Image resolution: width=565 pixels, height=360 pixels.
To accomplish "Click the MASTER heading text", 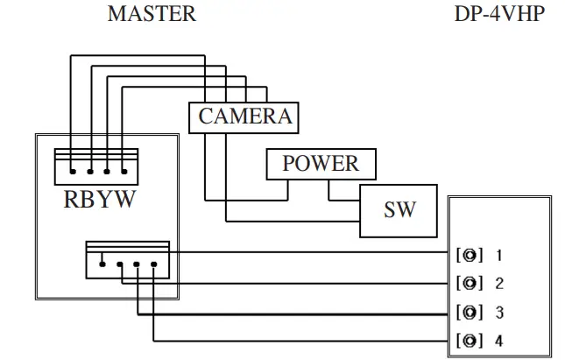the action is pyautogui.click(x=152, y=14).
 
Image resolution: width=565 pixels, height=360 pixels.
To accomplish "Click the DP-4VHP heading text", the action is pyautogui.click(x=499, y=14).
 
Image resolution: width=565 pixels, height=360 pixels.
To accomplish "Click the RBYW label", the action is pyautogui.click(x=100, y=200).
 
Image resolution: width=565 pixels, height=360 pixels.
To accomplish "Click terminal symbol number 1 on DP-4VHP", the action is pyautogui.click(x=470, y=255).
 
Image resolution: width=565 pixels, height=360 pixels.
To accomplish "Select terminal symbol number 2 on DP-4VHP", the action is pyautogui.click(x=470, y=283).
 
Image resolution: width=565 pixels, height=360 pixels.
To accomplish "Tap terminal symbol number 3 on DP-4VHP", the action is pyautogui.click(x=470, y=312).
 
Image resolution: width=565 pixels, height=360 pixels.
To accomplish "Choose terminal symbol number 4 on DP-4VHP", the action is pyautogui.click(x=470, y=341).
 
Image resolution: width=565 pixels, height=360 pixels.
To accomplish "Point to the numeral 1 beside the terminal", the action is pyautogui.click(x=499, y=256).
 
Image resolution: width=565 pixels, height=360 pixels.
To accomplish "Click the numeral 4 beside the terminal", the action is pyautogui.click(x=499, y=341).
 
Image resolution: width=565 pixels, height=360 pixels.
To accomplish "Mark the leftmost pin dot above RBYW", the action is pyautogui.click(x=73, y=172).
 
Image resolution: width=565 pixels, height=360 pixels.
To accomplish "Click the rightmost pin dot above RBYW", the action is pyautogui.click(x=124, y=172).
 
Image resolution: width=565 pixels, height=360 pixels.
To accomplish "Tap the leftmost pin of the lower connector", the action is pyautogui.click(x=102, y=265).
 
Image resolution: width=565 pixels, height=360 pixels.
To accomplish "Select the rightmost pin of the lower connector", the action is pyautogui.click(x=154, y=265).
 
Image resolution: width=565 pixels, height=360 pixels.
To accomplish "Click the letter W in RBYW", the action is pyautogui.click(x=126, y=200).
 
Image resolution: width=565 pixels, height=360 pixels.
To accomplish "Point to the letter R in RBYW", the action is pyautogui.click(x=71, y=200).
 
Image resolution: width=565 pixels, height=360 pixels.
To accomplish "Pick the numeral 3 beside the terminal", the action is pyautogui.click(x=499, y=313).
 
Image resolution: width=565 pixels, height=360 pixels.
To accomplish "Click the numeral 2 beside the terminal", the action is pyautogui.click(x=499, y=284).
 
